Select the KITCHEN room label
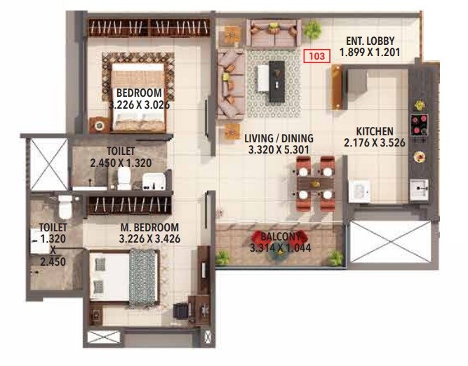374,132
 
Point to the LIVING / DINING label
279,138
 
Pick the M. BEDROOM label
149,228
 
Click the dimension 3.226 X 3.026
140,105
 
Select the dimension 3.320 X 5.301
279,149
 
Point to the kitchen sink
420,189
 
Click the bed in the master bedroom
126,276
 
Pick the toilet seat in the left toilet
65,206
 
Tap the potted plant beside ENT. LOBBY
313,29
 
